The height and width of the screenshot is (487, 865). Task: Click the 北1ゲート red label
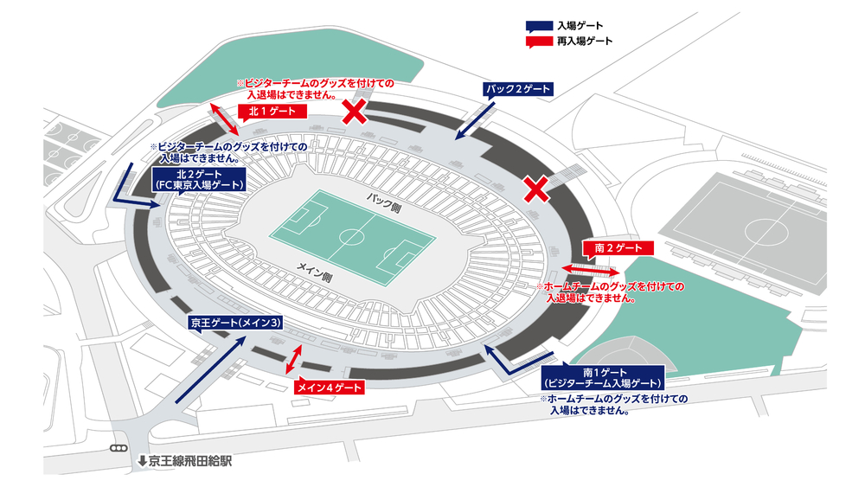(272, 112)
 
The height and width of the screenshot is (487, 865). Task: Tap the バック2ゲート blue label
(517, 90)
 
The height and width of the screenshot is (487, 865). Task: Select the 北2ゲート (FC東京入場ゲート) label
(198, 179)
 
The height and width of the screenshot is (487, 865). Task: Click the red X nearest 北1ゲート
(353, 111)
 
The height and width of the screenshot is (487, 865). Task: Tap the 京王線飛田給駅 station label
(186, 461)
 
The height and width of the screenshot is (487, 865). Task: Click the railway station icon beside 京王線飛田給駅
(119, 449)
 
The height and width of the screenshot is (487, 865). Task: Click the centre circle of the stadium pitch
(353, 235)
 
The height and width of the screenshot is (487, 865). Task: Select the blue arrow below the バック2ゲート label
(474, 120)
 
